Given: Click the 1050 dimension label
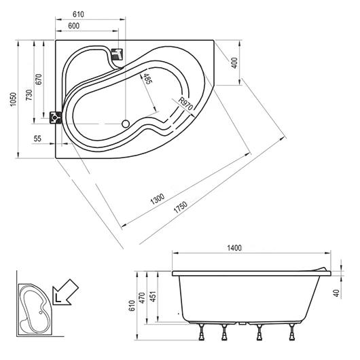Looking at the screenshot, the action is click(14, 99).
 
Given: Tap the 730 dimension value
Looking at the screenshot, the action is click(29, 94).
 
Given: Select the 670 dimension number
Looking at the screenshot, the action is click(39, 79).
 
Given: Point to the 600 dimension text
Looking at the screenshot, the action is click(74, 26).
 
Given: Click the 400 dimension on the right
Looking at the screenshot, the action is click(234, 62).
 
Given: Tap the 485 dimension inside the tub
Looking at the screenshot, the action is click(147, 79).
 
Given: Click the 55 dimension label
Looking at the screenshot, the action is click(37, 139).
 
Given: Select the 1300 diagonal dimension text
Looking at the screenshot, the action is click(158, 199).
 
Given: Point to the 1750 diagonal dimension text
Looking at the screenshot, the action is click(181, 207).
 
